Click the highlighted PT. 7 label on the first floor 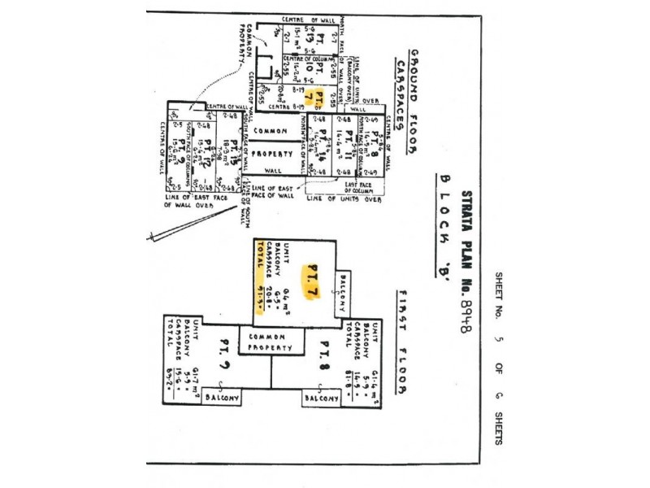coord(312,281)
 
